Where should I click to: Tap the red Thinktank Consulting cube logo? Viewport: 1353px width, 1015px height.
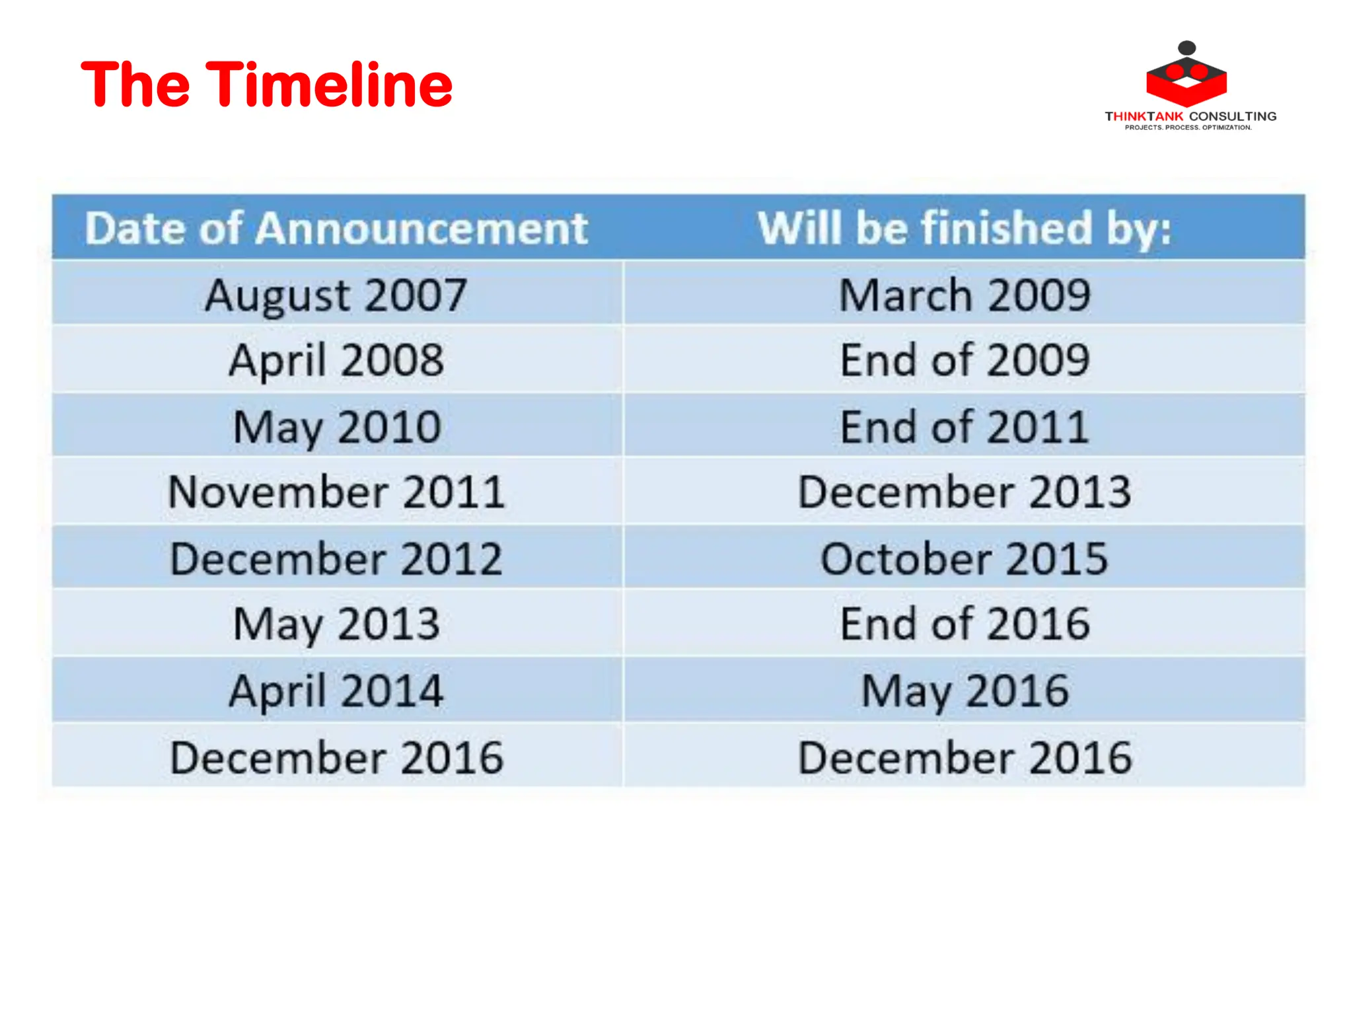coord(1187,76)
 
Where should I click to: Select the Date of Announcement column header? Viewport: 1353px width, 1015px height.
coord(336,229)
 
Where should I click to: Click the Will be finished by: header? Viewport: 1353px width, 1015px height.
coord(964,229)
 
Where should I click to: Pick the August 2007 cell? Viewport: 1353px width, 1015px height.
coord(336,295)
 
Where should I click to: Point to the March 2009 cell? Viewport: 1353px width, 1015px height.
coord(964,295)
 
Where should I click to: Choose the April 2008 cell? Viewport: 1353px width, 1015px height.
coord(336,360)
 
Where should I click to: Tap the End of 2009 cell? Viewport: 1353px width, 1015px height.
coord(964,360)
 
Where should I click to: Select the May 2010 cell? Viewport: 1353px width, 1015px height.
coord(336,427)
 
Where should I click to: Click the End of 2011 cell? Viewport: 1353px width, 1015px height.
coord(964,427)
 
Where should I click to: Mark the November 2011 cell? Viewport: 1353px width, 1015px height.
coord(336,492)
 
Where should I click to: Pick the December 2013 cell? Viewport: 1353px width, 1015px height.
coord(964,492)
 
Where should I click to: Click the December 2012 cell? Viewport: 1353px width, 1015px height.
coord(336,559)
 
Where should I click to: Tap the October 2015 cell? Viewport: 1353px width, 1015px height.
coord(964,559)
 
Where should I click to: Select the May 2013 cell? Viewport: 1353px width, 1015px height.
coord(336,624)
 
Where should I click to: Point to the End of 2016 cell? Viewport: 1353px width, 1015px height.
coord(964,624)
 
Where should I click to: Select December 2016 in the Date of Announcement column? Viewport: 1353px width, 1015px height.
coord(336,757)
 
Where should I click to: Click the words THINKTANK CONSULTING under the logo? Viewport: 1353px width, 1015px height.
coord(1190,116)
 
